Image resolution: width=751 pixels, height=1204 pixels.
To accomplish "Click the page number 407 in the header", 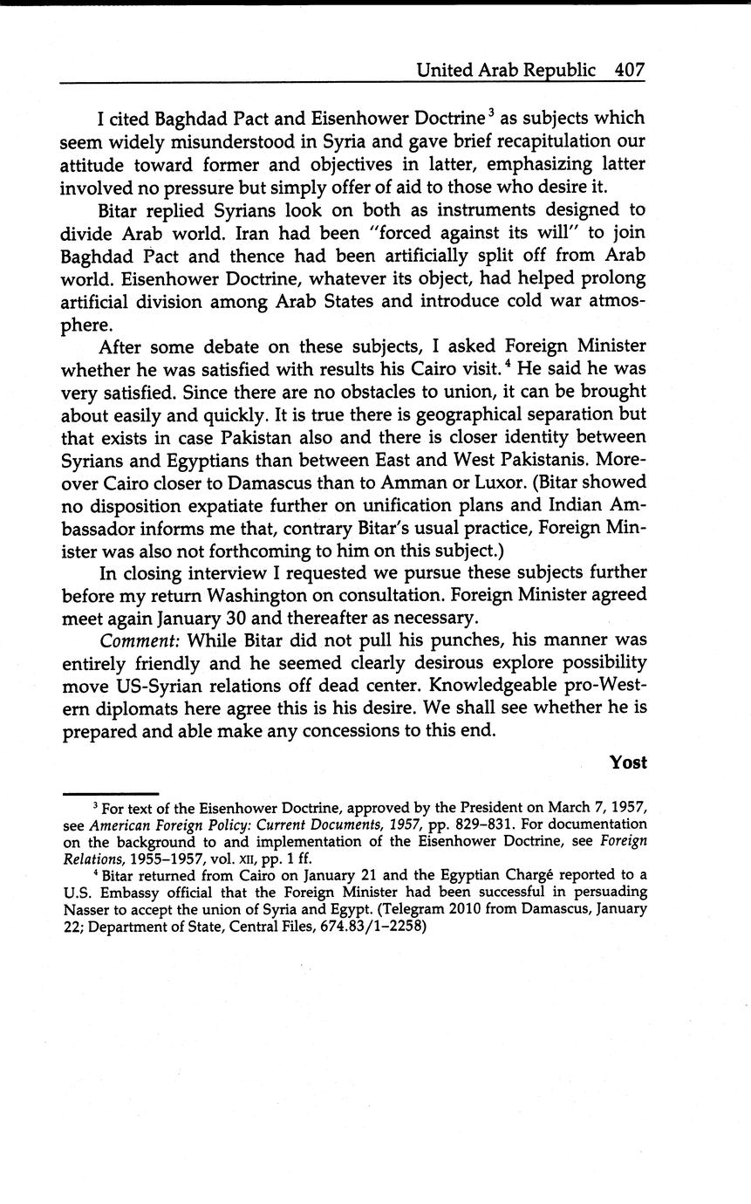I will pyautogui.click(x=629, y=70).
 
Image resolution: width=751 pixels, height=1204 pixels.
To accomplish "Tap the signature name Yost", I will pyautogui.click(x=628, y=763).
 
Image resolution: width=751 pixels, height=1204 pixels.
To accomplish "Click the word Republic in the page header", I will pyautogui.click(x=558, y=70).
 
